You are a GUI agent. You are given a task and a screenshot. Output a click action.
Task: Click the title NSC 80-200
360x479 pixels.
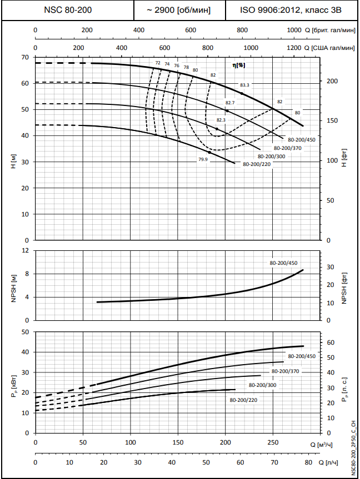click(x=68, y=10)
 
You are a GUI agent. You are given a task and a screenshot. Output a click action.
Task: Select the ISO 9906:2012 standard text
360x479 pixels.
click(x=292, y=10)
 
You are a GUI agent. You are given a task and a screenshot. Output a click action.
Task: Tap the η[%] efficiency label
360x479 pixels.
click(x=239, y=65)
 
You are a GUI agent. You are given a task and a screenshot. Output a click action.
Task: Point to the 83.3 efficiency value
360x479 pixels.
click(x=244, y=85)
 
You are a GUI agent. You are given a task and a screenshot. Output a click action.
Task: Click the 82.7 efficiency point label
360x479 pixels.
click(x=230, y=103)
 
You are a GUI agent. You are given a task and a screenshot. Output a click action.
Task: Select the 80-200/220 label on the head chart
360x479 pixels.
click(x=257, y=164)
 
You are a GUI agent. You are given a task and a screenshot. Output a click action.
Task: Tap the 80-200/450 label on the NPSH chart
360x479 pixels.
click(x=283, y=263)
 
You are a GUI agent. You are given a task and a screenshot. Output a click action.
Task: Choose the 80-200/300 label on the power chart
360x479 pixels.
click(x=262, y=385)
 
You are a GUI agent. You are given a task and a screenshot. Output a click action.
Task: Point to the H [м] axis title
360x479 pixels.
click(x=13, y=162)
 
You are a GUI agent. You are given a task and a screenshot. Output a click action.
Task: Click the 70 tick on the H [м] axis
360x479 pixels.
click(x=24, y=57)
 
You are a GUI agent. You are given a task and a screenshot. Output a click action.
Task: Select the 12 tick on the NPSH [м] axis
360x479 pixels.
click(x=24, y=250)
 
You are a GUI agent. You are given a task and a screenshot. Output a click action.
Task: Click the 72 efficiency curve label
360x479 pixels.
click(x=158, y=63)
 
